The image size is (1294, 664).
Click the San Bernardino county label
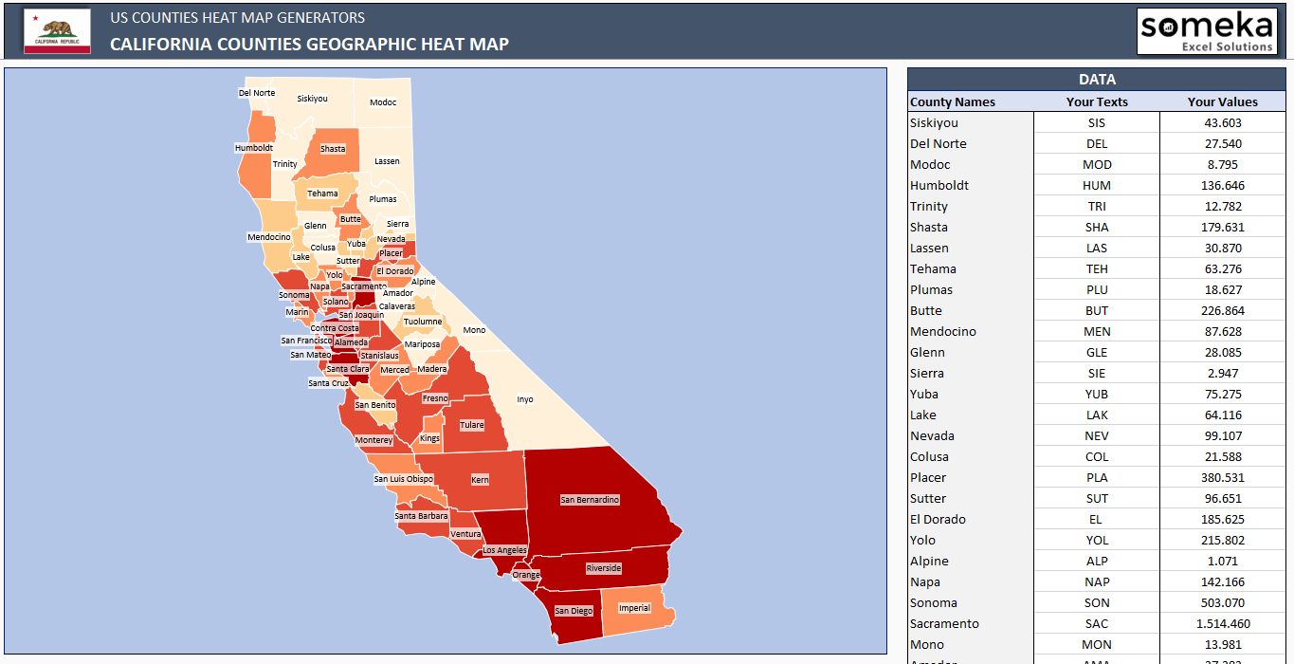click(590, 500)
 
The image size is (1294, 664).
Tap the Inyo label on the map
click(525, 399)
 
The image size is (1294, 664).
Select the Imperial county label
click(634, 608)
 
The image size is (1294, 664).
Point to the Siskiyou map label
click(312, 99)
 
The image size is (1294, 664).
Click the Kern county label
click(481, 480)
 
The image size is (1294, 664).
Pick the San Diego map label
click(574, 611)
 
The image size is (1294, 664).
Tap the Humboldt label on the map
click(254, 148)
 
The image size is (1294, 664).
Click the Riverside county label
click(603, 568)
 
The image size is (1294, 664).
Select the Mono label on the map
click(474, 330)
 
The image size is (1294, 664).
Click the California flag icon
click(57, 30)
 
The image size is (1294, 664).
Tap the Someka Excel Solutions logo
click(1207, 31)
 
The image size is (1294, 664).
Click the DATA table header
click(1097, 80)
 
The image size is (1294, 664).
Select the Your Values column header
click(1222, 101)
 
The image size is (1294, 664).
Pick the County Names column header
click(953, 101)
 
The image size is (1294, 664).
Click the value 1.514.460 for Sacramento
click(1222, 623)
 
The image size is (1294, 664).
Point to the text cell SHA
click(1097, 227)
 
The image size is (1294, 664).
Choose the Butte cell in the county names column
click(926, 310)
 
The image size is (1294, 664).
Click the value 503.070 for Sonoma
click(1222, 602)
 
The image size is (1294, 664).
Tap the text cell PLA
click(1097, 477)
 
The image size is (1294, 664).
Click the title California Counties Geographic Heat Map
click(309, 44)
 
